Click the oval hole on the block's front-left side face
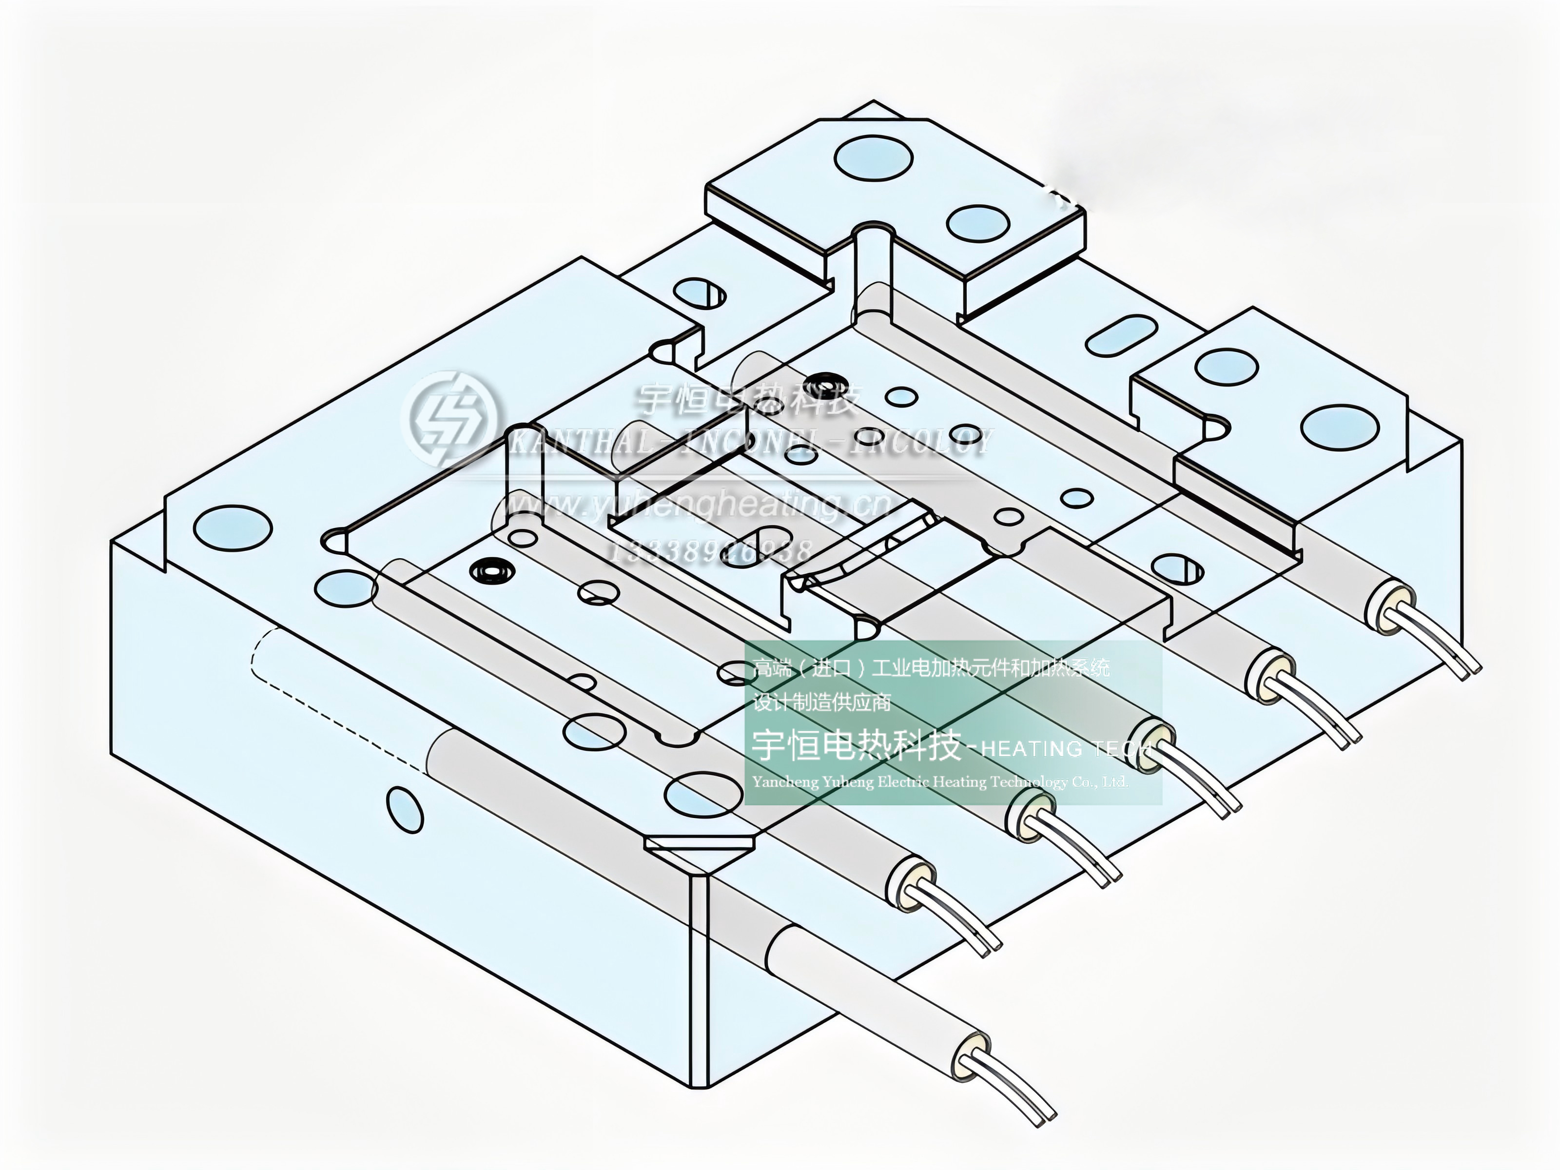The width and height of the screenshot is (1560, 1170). (x=405, y=810)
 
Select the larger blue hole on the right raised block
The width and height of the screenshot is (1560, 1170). (x=1339, y=428)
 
